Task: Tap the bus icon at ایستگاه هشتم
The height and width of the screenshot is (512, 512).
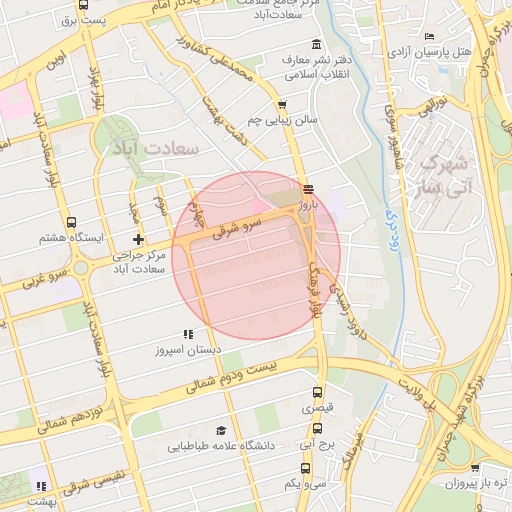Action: pyautogui.click(x=70, y=222)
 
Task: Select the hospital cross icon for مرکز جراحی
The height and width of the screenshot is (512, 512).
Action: pyautogui.click(x=138, y=239)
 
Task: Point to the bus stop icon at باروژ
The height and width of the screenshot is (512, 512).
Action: pyautogui.click(x=307, y=187)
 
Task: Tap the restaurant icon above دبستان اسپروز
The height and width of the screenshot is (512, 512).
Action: pyautogui.click(x=187, y=335)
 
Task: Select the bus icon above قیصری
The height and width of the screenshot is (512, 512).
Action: pyautogui.click(x=318, y=393)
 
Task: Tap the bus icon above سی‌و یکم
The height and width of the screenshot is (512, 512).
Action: pyautogui.click(x=304, y=467)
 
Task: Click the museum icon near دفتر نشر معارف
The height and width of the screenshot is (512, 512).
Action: pyautogui.click(x=317, y=44)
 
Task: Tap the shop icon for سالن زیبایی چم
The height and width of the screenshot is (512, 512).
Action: pyautogui.click(x=282, y=104)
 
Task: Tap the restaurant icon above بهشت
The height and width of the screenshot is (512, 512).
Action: pyautogui.click(x=40, y=486)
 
